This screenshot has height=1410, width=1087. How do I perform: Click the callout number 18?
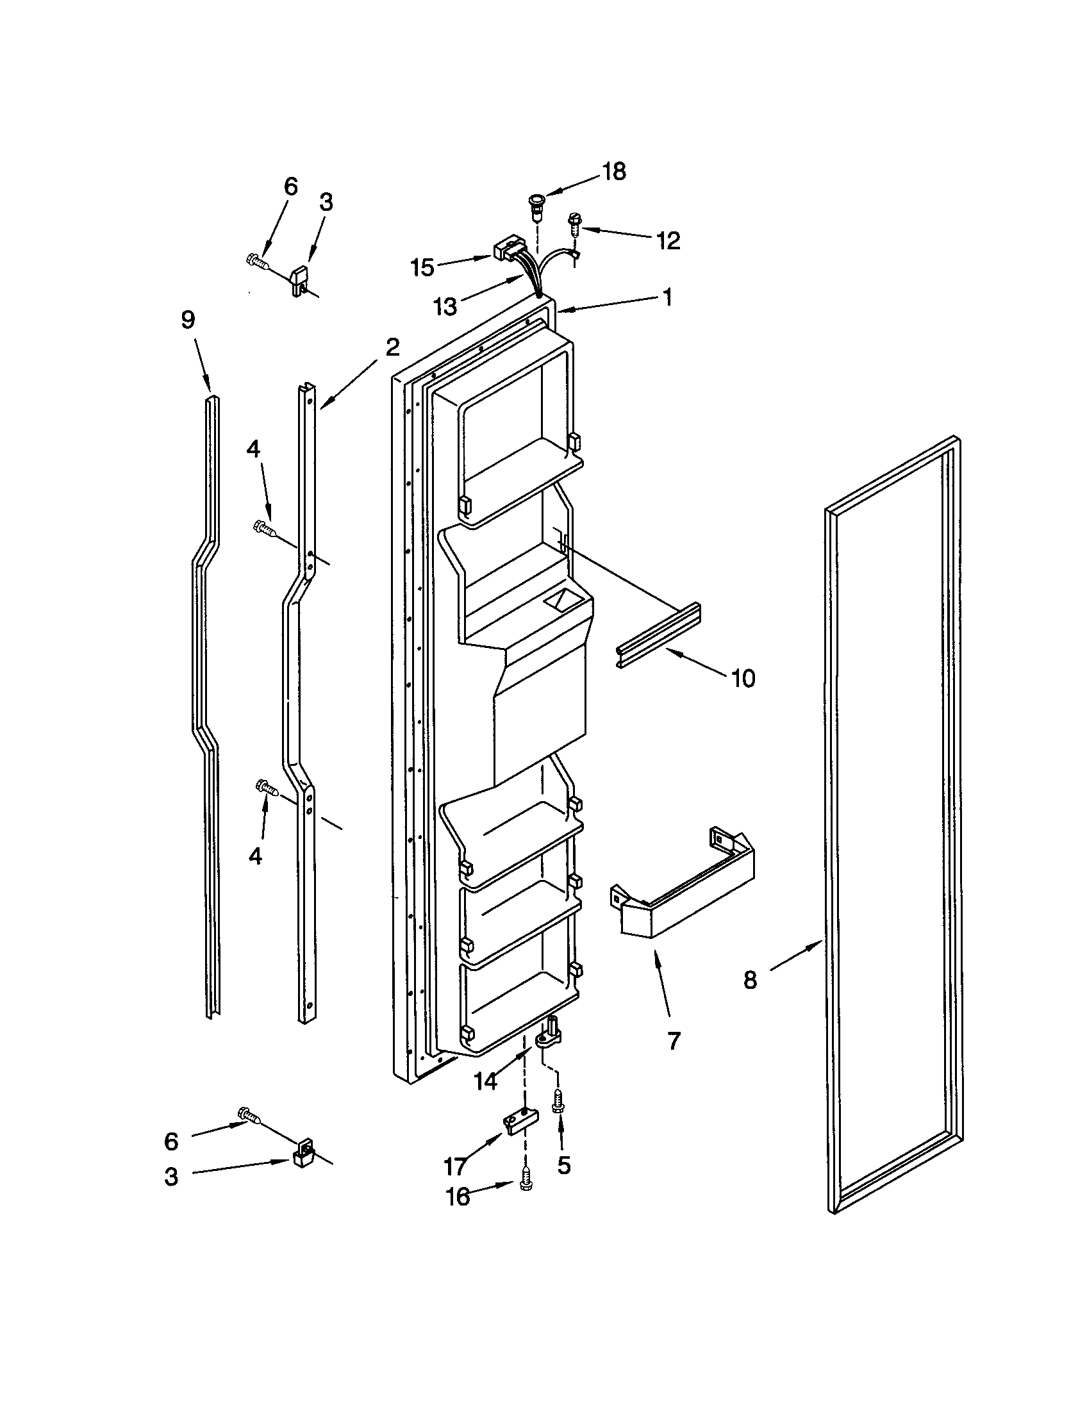614,172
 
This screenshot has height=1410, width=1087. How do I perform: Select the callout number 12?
668,241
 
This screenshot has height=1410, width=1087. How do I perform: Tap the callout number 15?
423,267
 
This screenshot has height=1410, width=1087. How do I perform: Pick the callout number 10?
743,678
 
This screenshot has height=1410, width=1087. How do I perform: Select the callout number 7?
674,1041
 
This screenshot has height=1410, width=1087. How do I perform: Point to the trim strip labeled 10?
658,635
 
